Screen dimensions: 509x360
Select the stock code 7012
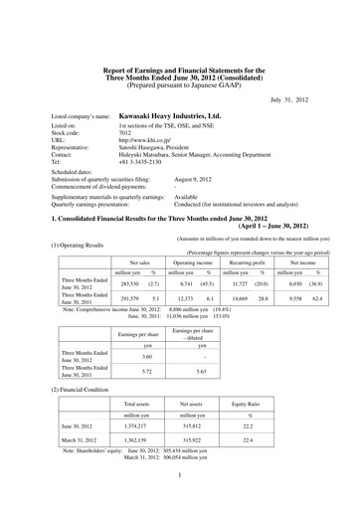coord(126,134)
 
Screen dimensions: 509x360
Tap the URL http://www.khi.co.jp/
coord(145,142)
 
